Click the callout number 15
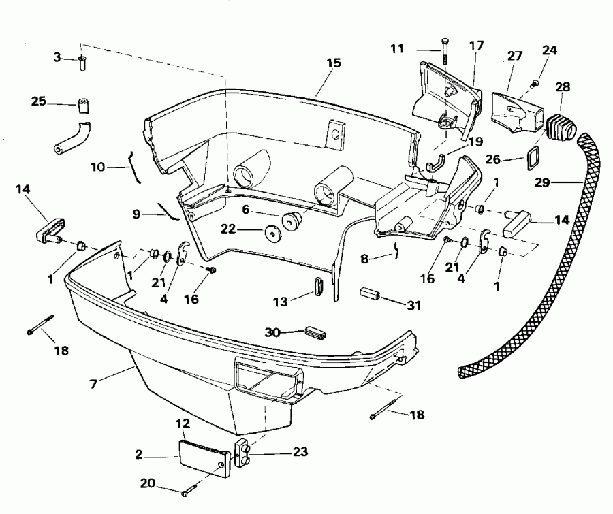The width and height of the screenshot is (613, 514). (333, 63)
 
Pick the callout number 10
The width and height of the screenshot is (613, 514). (98, 165)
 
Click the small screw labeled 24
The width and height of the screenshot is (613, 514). (534, 83)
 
